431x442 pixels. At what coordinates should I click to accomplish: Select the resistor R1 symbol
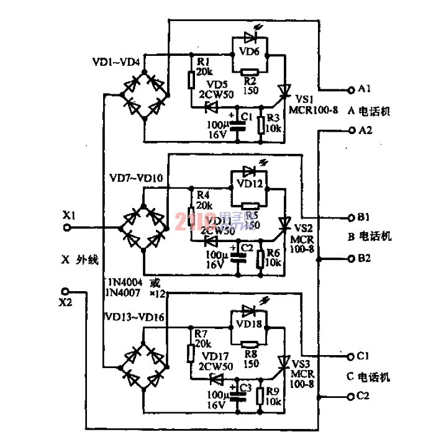(191, 79)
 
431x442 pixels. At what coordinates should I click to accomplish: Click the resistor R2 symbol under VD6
(250, 71)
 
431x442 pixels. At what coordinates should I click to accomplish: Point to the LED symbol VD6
(250, 39)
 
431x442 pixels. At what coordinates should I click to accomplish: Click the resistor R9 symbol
(261, 394)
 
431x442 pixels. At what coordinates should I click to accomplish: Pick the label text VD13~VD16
(132, 318)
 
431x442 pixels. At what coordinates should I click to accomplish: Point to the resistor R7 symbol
(191, 353)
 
